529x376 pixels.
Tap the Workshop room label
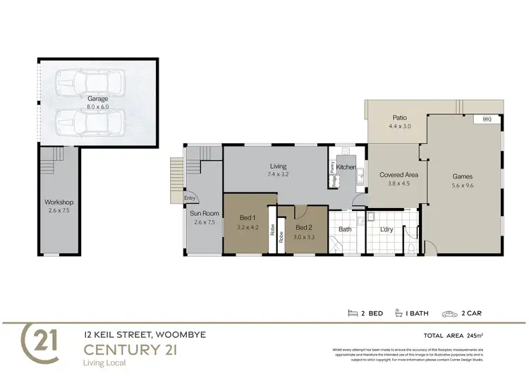click(x=59, y=202)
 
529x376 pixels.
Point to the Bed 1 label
click(x=248, y=218)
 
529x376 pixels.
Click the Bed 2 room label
click(x=303, y=228)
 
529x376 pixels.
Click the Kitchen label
click(x=346, y=166)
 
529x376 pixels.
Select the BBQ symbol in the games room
click(x=486, y=120)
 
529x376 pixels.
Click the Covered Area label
click(x=394, y=174)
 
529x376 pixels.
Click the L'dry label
click(x=387, y=229)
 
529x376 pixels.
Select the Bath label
click(x=345, y=229)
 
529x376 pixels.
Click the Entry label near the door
click(x=190, y=198)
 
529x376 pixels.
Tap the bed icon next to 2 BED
click(x=353, y=313)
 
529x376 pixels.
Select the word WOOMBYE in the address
click(x=181, y=334)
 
